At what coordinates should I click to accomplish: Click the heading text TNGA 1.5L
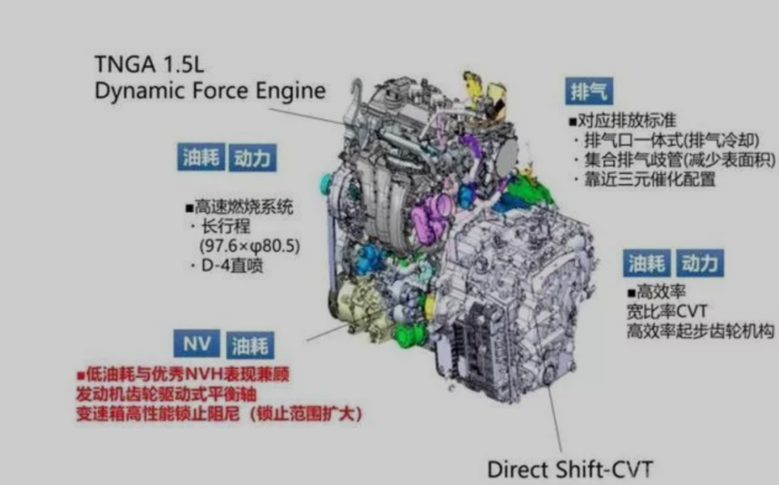tap(149, 64)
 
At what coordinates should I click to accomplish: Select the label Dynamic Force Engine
tap(210, 91)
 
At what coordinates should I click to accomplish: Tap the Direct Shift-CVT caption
tap(570, 469)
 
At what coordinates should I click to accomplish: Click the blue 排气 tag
tap(589, 91)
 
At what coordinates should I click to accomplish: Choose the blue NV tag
tap(197, 343)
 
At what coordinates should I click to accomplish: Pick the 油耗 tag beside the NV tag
tap(250, 345)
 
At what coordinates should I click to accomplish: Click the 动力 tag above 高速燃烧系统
tap(252, 158)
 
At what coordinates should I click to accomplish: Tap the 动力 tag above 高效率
tap(700, 263)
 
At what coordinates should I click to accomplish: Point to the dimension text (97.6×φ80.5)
tap(249, 246)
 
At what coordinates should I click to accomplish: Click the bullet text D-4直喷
tap(227, 266)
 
